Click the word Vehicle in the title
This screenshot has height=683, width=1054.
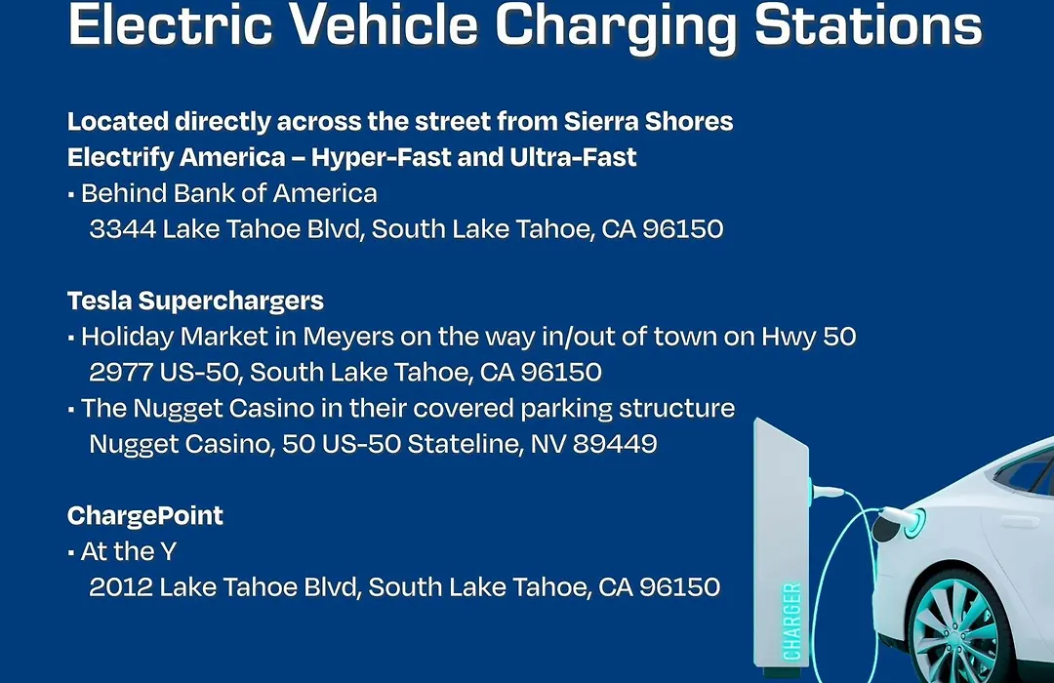384,24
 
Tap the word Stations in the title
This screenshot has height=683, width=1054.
868,24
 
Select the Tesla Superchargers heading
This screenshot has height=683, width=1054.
195,301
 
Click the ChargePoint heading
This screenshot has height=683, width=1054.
145,515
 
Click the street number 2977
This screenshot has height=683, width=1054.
121,373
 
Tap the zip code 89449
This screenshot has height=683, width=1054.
615,444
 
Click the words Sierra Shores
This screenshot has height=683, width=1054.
649,122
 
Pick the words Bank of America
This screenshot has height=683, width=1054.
275,193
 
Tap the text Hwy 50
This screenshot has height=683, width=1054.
809,337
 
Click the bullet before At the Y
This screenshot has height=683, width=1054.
70,553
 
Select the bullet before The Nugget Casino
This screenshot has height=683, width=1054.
70,410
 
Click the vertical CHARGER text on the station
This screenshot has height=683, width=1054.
792,622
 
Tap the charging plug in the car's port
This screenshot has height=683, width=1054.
900,518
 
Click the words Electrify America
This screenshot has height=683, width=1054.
176,158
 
